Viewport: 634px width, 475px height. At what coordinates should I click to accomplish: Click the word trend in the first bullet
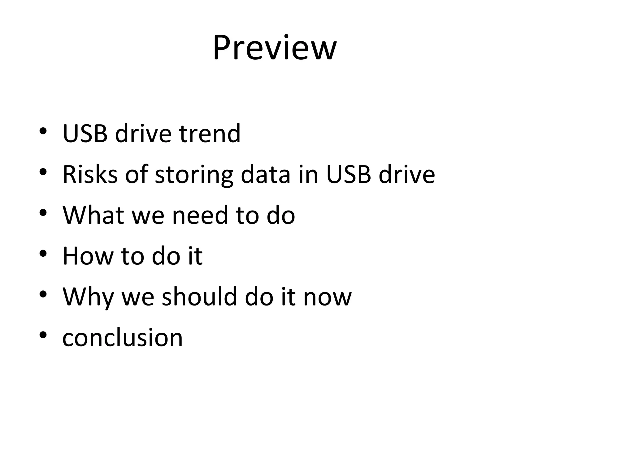[x=210, y=134]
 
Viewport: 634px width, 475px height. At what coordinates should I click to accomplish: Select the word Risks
[x=90, y=174]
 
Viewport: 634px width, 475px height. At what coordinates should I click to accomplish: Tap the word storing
[x=194, y=175]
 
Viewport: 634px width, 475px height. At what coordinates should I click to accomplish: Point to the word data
[x=266, y=174]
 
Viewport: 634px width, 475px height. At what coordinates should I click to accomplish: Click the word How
[x=88, y=256]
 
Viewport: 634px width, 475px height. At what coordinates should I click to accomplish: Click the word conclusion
[x=123, y=338]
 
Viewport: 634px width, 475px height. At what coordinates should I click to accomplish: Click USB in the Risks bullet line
[x=348, y=174]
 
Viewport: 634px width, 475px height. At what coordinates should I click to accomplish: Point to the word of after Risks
[x=136, y=174]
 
